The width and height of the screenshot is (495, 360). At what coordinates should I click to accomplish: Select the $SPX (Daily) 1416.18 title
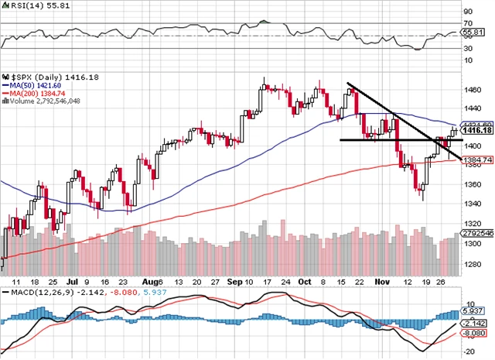[x=43, y=78]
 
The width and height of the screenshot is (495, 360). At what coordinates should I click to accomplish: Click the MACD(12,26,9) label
[x=37, y=293]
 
